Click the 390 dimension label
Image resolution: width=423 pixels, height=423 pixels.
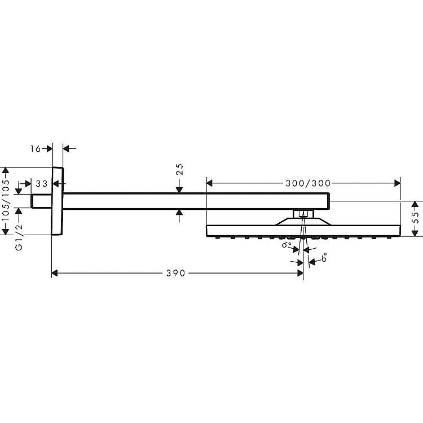tap(175, 274)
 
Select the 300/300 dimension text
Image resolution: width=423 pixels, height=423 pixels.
tap(308, 183)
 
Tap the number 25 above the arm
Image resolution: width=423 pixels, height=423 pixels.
tap(180, 169)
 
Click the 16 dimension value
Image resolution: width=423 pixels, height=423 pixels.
tap(36, 149)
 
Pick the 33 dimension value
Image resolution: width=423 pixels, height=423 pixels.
tap(42, 184)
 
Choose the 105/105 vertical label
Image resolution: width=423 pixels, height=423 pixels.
tap(6, 199)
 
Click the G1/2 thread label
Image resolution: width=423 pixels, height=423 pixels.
tap(19, 237)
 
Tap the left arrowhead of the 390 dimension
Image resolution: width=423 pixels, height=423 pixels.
tap(55, 274)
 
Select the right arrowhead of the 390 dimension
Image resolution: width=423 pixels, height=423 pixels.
tap(300, 274)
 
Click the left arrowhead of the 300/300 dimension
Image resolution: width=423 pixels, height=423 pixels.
tap(209, 183)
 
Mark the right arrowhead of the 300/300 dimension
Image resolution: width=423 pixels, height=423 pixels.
tap(397, 183)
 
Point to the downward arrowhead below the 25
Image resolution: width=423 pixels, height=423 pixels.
tap(179, 190)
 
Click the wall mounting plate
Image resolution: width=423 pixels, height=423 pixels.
tap(57, 201)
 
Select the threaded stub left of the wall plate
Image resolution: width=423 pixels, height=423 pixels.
tap(41, 201)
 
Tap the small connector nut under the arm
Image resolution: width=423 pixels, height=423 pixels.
tap(303, 214)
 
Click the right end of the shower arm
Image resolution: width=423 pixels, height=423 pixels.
tap(329, 201)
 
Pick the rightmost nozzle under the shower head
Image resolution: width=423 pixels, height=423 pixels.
tap(389, 237)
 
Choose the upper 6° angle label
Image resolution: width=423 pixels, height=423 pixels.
tap(287, 244)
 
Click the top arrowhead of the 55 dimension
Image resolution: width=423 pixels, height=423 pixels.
tap(415, 204)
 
